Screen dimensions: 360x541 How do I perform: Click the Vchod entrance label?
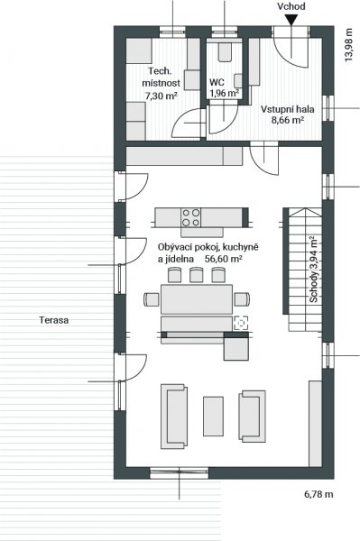(x=291, y=6)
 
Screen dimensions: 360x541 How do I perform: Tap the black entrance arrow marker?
(x=291, y=21)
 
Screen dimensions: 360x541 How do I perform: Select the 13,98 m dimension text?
(x=349, y=45)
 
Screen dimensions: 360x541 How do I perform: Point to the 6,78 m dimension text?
(x=318, y=494)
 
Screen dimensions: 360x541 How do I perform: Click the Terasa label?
(x=54, y=320)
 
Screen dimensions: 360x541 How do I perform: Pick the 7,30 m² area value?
(x=162, y=96)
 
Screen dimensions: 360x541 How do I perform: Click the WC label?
(x=217, y=82)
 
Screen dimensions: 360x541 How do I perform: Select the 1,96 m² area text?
(x=225, y=93)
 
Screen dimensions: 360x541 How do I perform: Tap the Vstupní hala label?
(x=287, y=109)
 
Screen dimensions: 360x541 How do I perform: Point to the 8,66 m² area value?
(x=287, y=120)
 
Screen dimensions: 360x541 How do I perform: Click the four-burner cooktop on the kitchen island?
(x=191, y=217)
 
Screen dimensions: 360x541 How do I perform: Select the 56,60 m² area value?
(x=223, y=259)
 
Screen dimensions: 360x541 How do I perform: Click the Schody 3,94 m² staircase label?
(x=313, y=270)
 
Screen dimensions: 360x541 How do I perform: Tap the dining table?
(x=197, y=299)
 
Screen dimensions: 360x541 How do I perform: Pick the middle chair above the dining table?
(x=196, y=275)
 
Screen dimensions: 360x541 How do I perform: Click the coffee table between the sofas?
(x=213, y=416)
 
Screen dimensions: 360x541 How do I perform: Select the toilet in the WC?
(x=225, y=51)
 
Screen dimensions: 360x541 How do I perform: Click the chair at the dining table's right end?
(x=242, y=299)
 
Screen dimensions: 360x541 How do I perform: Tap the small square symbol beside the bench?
(x=241, y=323)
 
